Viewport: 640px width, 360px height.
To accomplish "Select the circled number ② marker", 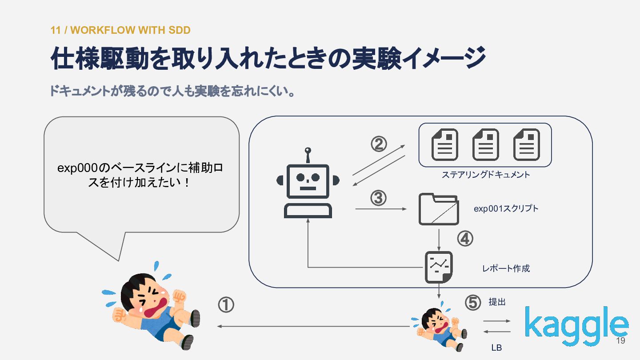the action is point(379,144).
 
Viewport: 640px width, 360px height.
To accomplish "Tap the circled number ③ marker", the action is point(379,198).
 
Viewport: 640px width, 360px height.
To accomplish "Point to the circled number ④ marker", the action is point(465,239).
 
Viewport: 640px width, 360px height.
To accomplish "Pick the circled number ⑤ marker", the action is point(473,302).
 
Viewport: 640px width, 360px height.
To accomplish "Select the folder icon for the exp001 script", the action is point(439,209).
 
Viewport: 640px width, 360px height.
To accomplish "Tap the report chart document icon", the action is point(439,267).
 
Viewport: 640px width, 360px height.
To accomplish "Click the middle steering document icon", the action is point(486,144).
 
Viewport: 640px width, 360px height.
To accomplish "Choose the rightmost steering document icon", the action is point(527,144).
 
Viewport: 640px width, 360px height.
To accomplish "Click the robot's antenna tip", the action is point(308,150).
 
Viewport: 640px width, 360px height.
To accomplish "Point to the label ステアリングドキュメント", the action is point(486,175).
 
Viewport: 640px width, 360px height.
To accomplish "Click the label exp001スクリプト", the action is point(506,208).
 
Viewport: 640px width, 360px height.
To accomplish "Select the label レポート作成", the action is point(506,268).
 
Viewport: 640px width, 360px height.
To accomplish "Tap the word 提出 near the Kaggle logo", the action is point(497,302).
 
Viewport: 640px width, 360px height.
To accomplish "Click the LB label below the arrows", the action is point(496,348).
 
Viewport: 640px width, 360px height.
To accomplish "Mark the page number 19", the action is point(620,340).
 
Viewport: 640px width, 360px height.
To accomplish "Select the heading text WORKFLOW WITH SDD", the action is point(130,30).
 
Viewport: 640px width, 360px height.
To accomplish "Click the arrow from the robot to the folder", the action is point(381,209).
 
